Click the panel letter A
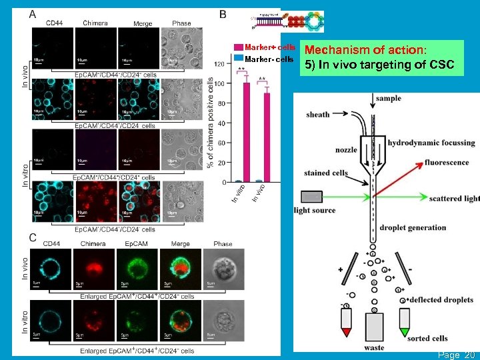[33, 14]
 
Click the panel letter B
[223, 14]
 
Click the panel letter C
[33, 237]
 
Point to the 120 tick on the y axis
[219, 64]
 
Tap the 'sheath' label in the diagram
[317, 115]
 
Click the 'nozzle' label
[346, 151]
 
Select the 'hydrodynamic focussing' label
[431, 143]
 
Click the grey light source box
[310, 197]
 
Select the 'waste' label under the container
[374, 347]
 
